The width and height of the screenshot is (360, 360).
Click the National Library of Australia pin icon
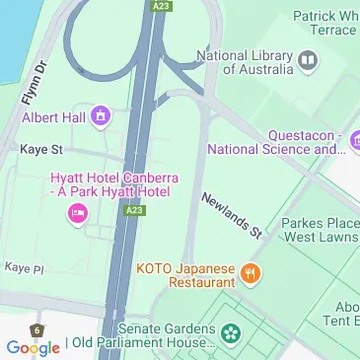pos(308,63)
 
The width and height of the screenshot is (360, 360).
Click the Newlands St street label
pos(233,215)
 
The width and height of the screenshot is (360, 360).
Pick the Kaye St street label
pos(41,149)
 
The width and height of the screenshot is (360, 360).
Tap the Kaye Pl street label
pos(24,267)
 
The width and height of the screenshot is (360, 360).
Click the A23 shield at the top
pos(162,6)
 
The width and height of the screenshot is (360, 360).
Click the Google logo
pos(33,347)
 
